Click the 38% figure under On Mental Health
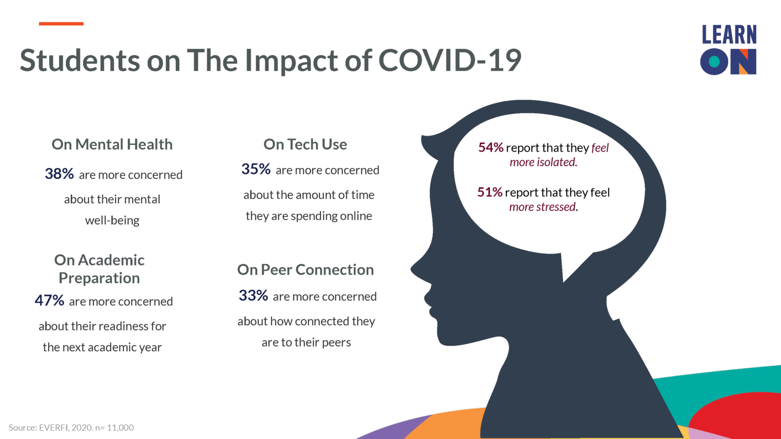(59, 174)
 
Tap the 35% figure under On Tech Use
(256, 169)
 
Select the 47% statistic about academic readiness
(49, 300)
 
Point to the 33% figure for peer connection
(253, 296)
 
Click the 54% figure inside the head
(491, 147)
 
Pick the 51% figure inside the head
(490, 192)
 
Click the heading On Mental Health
(112, 144)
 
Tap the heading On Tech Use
(305, 144)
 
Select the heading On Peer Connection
(305, 269)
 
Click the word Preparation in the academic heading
(99, 278)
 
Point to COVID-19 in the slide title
(450, 60)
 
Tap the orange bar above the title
(61, 24)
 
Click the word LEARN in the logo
(729, 35)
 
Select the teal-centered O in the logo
(714, 62)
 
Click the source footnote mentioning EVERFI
(71, 428)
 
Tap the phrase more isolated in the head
(543, 162)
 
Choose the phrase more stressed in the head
(543, 207)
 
